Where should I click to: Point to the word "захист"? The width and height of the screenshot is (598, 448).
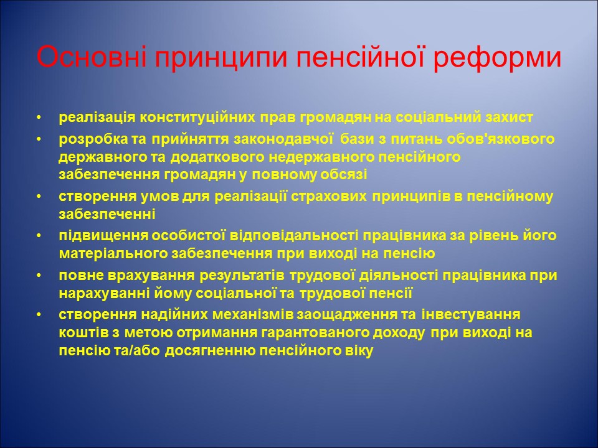[512, 118]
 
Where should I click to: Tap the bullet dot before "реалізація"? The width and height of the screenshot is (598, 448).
[40, 118]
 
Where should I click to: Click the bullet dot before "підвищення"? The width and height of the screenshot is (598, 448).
[40, 236]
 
